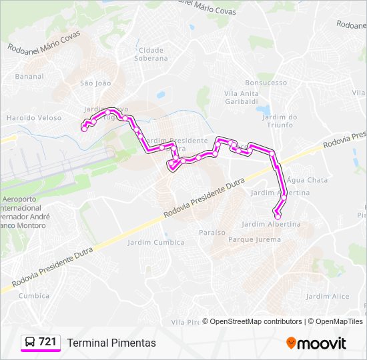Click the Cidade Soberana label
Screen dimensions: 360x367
pos(153,54)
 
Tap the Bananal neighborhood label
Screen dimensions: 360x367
pos(29,77)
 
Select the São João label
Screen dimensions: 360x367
pos(95,83)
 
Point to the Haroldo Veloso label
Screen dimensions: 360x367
pos(33,118)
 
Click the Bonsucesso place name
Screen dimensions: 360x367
pos(266,83)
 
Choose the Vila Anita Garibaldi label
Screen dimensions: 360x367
pos(242,97)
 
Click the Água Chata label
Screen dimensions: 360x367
pos(307,180)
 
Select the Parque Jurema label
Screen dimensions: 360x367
pos(254,239)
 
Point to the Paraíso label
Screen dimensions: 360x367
pos(212,232)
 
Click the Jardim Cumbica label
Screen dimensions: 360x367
pos(155,243)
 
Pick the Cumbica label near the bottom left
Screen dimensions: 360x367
pos(34,296)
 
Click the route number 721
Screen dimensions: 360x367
pos(47,342)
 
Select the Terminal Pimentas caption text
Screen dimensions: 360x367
pos(111,343)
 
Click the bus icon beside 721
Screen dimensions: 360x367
pos(30,342)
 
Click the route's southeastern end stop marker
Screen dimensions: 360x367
pos(278,216)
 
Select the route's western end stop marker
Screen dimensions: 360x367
pos(84,129)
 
